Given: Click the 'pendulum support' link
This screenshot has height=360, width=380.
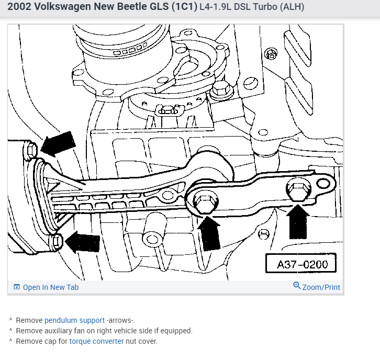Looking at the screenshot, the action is (x=74, y=320).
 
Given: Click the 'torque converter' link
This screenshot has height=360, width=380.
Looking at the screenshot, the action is (x=96, y=341).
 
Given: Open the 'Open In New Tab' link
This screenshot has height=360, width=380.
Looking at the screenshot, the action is (x=50, y=287).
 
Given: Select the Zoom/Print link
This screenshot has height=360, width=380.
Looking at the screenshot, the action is (x=321, y=287).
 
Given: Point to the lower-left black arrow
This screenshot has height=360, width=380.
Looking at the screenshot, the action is (x=80, y=242).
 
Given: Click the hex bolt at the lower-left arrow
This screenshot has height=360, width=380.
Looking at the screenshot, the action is (x=57, y=242).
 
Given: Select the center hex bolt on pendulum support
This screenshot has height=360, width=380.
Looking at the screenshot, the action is (x=203, y=200).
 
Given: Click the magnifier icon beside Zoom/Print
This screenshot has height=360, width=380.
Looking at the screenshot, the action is (x=297, y=286).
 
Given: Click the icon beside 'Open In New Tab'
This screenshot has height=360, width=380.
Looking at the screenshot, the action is (x=16, y=287).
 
